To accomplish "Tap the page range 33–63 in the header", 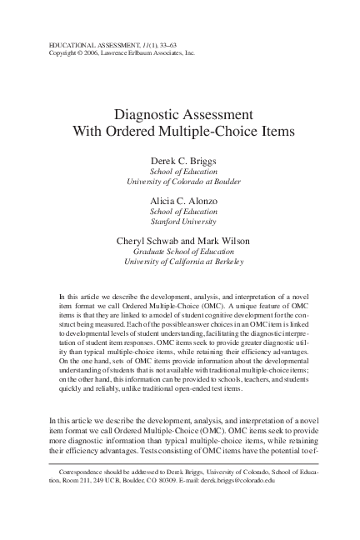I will [182, 42].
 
